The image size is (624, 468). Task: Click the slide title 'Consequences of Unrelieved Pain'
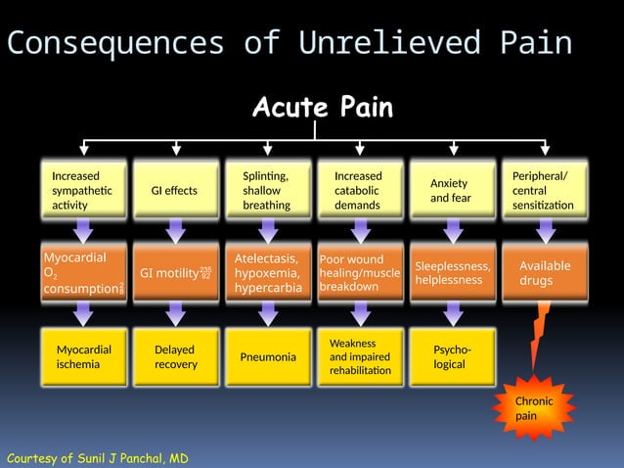click(289, 43)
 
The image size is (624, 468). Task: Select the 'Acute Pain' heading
click(323, 108)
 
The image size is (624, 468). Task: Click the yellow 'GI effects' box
click(176, 190)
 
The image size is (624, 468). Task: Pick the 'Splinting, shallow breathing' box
click(268, 190)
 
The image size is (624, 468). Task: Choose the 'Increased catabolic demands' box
click(360, 190)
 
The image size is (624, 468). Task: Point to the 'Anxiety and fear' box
click(452, 190)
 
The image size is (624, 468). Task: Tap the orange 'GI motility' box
click(176, 273)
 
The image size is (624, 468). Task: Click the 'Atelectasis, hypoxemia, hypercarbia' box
click(268, 273)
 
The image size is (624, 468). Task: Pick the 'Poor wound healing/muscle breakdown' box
click(360, 273)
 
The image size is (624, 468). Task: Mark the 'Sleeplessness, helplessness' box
click(452, 273)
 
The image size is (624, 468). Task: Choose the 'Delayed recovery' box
click(176, 356)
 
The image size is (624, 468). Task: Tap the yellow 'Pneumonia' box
click(268, 356)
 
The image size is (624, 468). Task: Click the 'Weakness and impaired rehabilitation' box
click(360, 356)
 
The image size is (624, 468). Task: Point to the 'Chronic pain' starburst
click(535, 407)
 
